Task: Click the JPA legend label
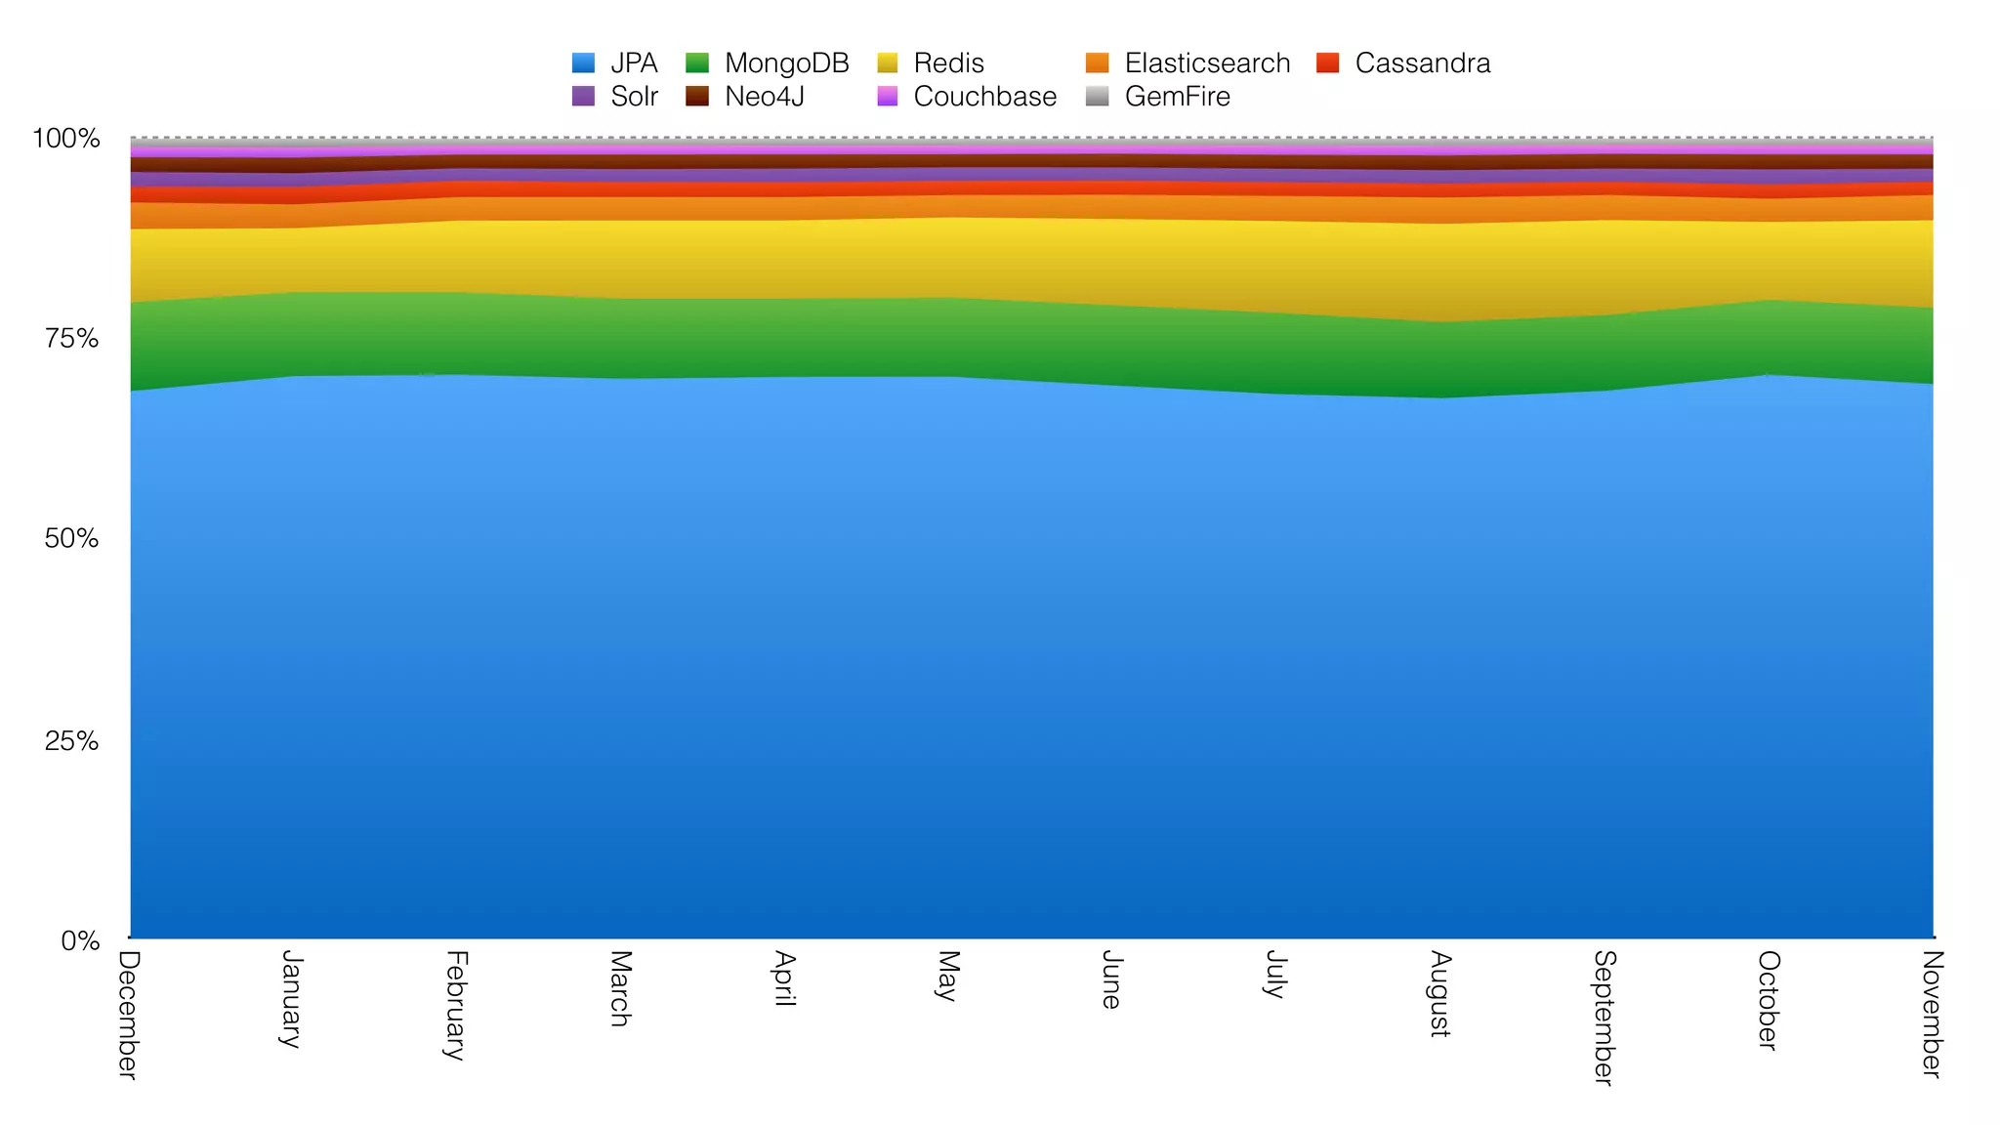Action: pyautogui.click(x=634, y=63)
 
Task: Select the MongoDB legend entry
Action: pyautogui.click(x=786, y=63)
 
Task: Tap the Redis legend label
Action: pyautogui.click(x=948, y=63)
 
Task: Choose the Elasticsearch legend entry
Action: pyautogui.click(x=1207, y=63)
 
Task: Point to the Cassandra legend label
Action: pyautogui.click(x=1422, y=63)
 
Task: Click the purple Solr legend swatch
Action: pyautogui.click(x=583, y=97)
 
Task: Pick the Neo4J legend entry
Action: pyautogui.click(x=764, y=97)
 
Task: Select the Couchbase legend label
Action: pyautogui.click(x=984, y=97)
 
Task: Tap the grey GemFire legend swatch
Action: pyautogui.click(x=1098, y=97)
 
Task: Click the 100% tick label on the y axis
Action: pyautogui.click(x=66, y=139)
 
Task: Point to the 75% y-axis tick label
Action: pyautogui.click(x=71, y=339)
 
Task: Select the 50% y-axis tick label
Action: pyautogui.click(x=71, y=539)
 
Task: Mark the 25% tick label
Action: pyautogui.click(x=71, y=741)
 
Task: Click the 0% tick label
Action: pyautogui.click(x=80, y=941)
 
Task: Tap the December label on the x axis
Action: pyautogui.click(x=129, y=1015)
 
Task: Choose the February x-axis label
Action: pyautogui.click(x=456, y=1005)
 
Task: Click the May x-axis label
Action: pyautogui.click(x=946, y=976)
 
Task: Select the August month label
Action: pyautogui.click(x=1438, y=993)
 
